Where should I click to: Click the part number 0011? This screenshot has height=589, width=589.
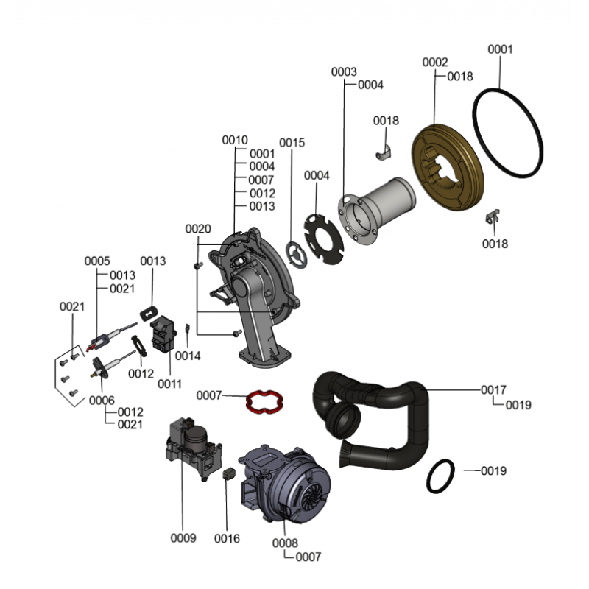(x=169, y=384)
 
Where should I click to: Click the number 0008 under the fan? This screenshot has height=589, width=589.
(x=285, y=543)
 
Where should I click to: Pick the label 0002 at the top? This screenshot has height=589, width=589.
(x=434, y=63)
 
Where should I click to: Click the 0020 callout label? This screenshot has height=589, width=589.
(x=198, y=229)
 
